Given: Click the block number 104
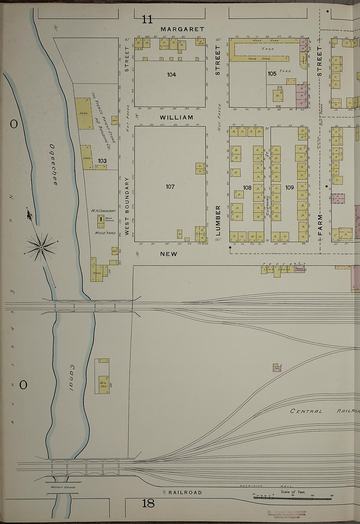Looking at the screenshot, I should (x=171, y=75).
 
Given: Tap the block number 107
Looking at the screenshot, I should (x=170, y=187).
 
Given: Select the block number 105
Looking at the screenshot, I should (x=272, y=74).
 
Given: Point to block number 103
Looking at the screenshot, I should (x=102, y=161).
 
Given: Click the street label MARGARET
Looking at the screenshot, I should (x=182, y=29).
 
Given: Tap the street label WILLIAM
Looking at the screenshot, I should (x=176, y=117).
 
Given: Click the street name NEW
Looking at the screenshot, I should (x=169, y=254).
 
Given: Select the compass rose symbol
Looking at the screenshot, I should (x=41, y=247).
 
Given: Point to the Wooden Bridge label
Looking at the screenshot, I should (x=63, y=487).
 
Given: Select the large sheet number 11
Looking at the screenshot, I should (x=147, y=20).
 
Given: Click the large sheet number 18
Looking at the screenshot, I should (x=148, y=503).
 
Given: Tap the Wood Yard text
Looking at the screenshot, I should (x=105, y=233).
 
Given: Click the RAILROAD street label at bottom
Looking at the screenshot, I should (x=185, y=493).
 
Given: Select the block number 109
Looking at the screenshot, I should (x=289, y=188).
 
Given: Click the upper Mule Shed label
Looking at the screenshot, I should (x=261, y=40).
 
